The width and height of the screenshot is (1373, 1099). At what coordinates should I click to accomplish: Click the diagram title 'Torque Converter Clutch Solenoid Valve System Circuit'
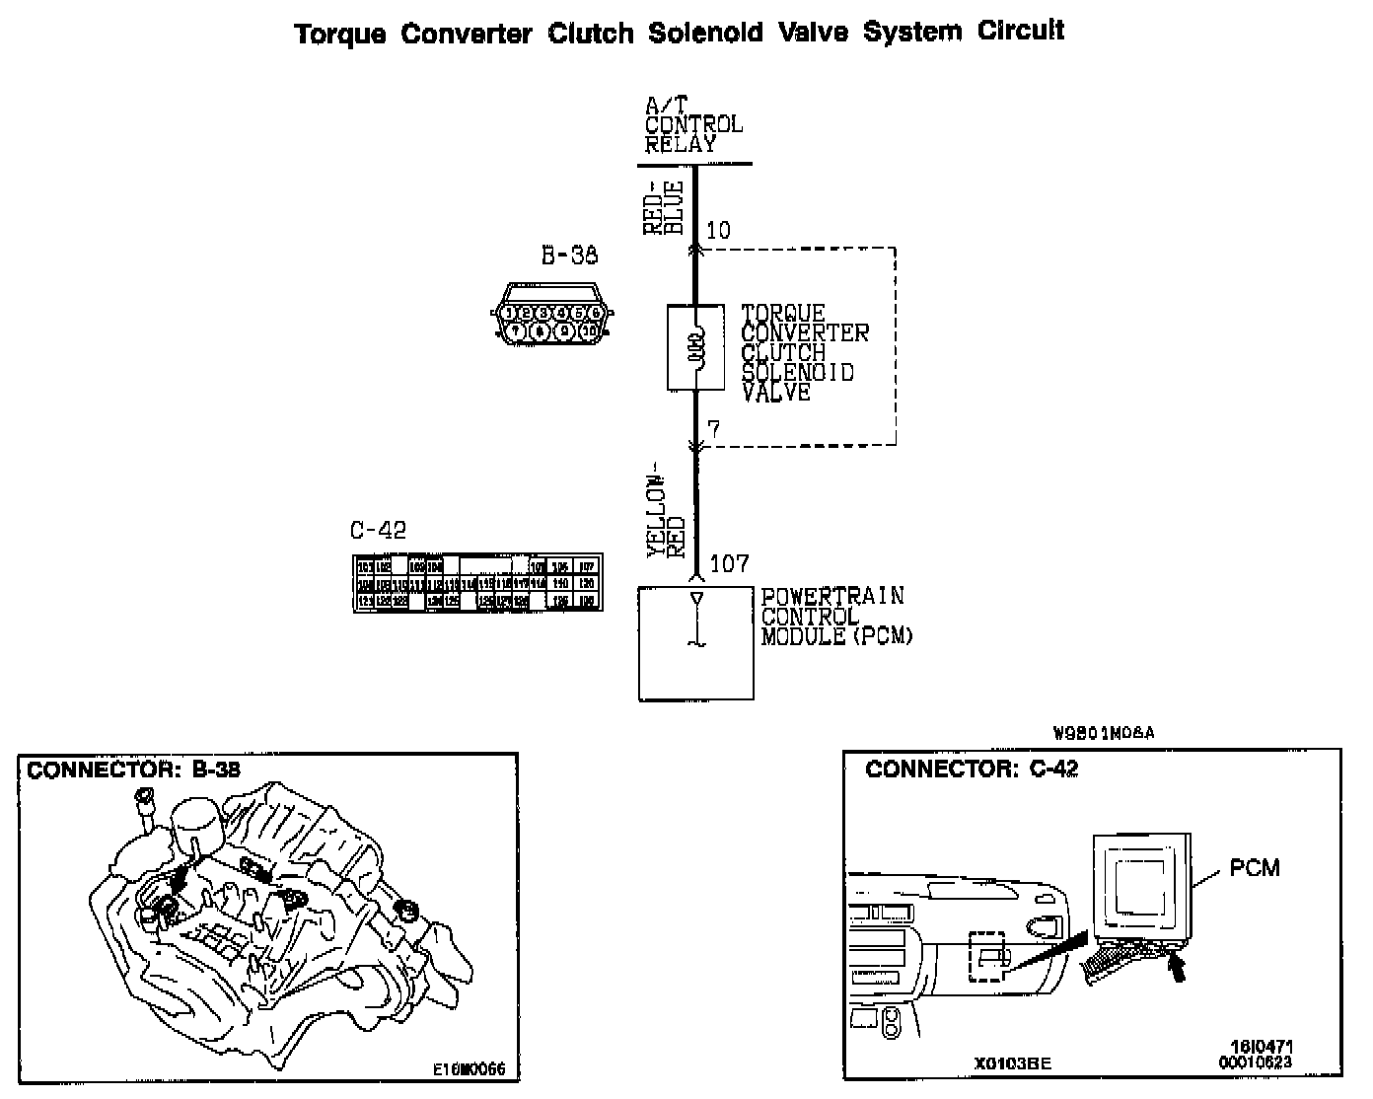680,32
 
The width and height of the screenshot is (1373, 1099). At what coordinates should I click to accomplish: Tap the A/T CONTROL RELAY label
692,124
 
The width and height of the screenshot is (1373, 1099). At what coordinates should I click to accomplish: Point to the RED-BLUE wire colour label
663,208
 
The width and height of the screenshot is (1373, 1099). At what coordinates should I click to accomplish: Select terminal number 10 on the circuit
718,231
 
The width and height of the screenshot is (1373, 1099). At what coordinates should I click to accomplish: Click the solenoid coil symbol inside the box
696,346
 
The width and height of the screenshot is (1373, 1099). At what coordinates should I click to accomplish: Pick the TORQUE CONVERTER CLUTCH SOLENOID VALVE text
804,353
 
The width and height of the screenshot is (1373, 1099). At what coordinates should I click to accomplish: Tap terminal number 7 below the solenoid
713,430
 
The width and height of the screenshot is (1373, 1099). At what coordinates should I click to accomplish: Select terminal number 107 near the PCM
729,564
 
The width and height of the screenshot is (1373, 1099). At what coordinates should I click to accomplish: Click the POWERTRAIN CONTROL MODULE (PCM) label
835,617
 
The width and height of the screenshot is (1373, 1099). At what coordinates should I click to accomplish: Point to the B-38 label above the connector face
569,256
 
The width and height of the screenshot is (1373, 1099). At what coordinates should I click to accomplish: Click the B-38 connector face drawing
552,315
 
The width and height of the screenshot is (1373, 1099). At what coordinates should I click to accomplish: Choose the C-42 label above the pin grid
378,531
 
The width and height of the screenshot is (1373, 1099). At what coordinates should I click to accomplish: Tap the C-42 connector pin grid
477,583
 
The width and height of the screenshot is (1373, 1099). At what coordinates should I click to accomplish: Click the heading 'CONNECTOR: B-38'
133,770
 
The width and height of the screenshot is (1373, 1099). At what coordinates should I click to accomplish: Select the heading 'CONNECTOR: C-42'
972,769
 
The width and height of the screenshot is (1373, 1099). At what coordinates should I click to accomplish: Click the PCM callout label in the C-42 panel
1254,868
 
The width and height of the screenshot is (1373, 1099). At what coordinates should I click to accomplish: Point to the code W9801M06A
1103,733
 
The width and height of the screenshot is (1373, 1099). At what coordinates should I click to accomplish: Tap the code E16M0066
469,1068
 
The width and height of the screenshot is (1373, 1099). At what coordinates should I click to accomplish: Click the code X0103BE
1012,1063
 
